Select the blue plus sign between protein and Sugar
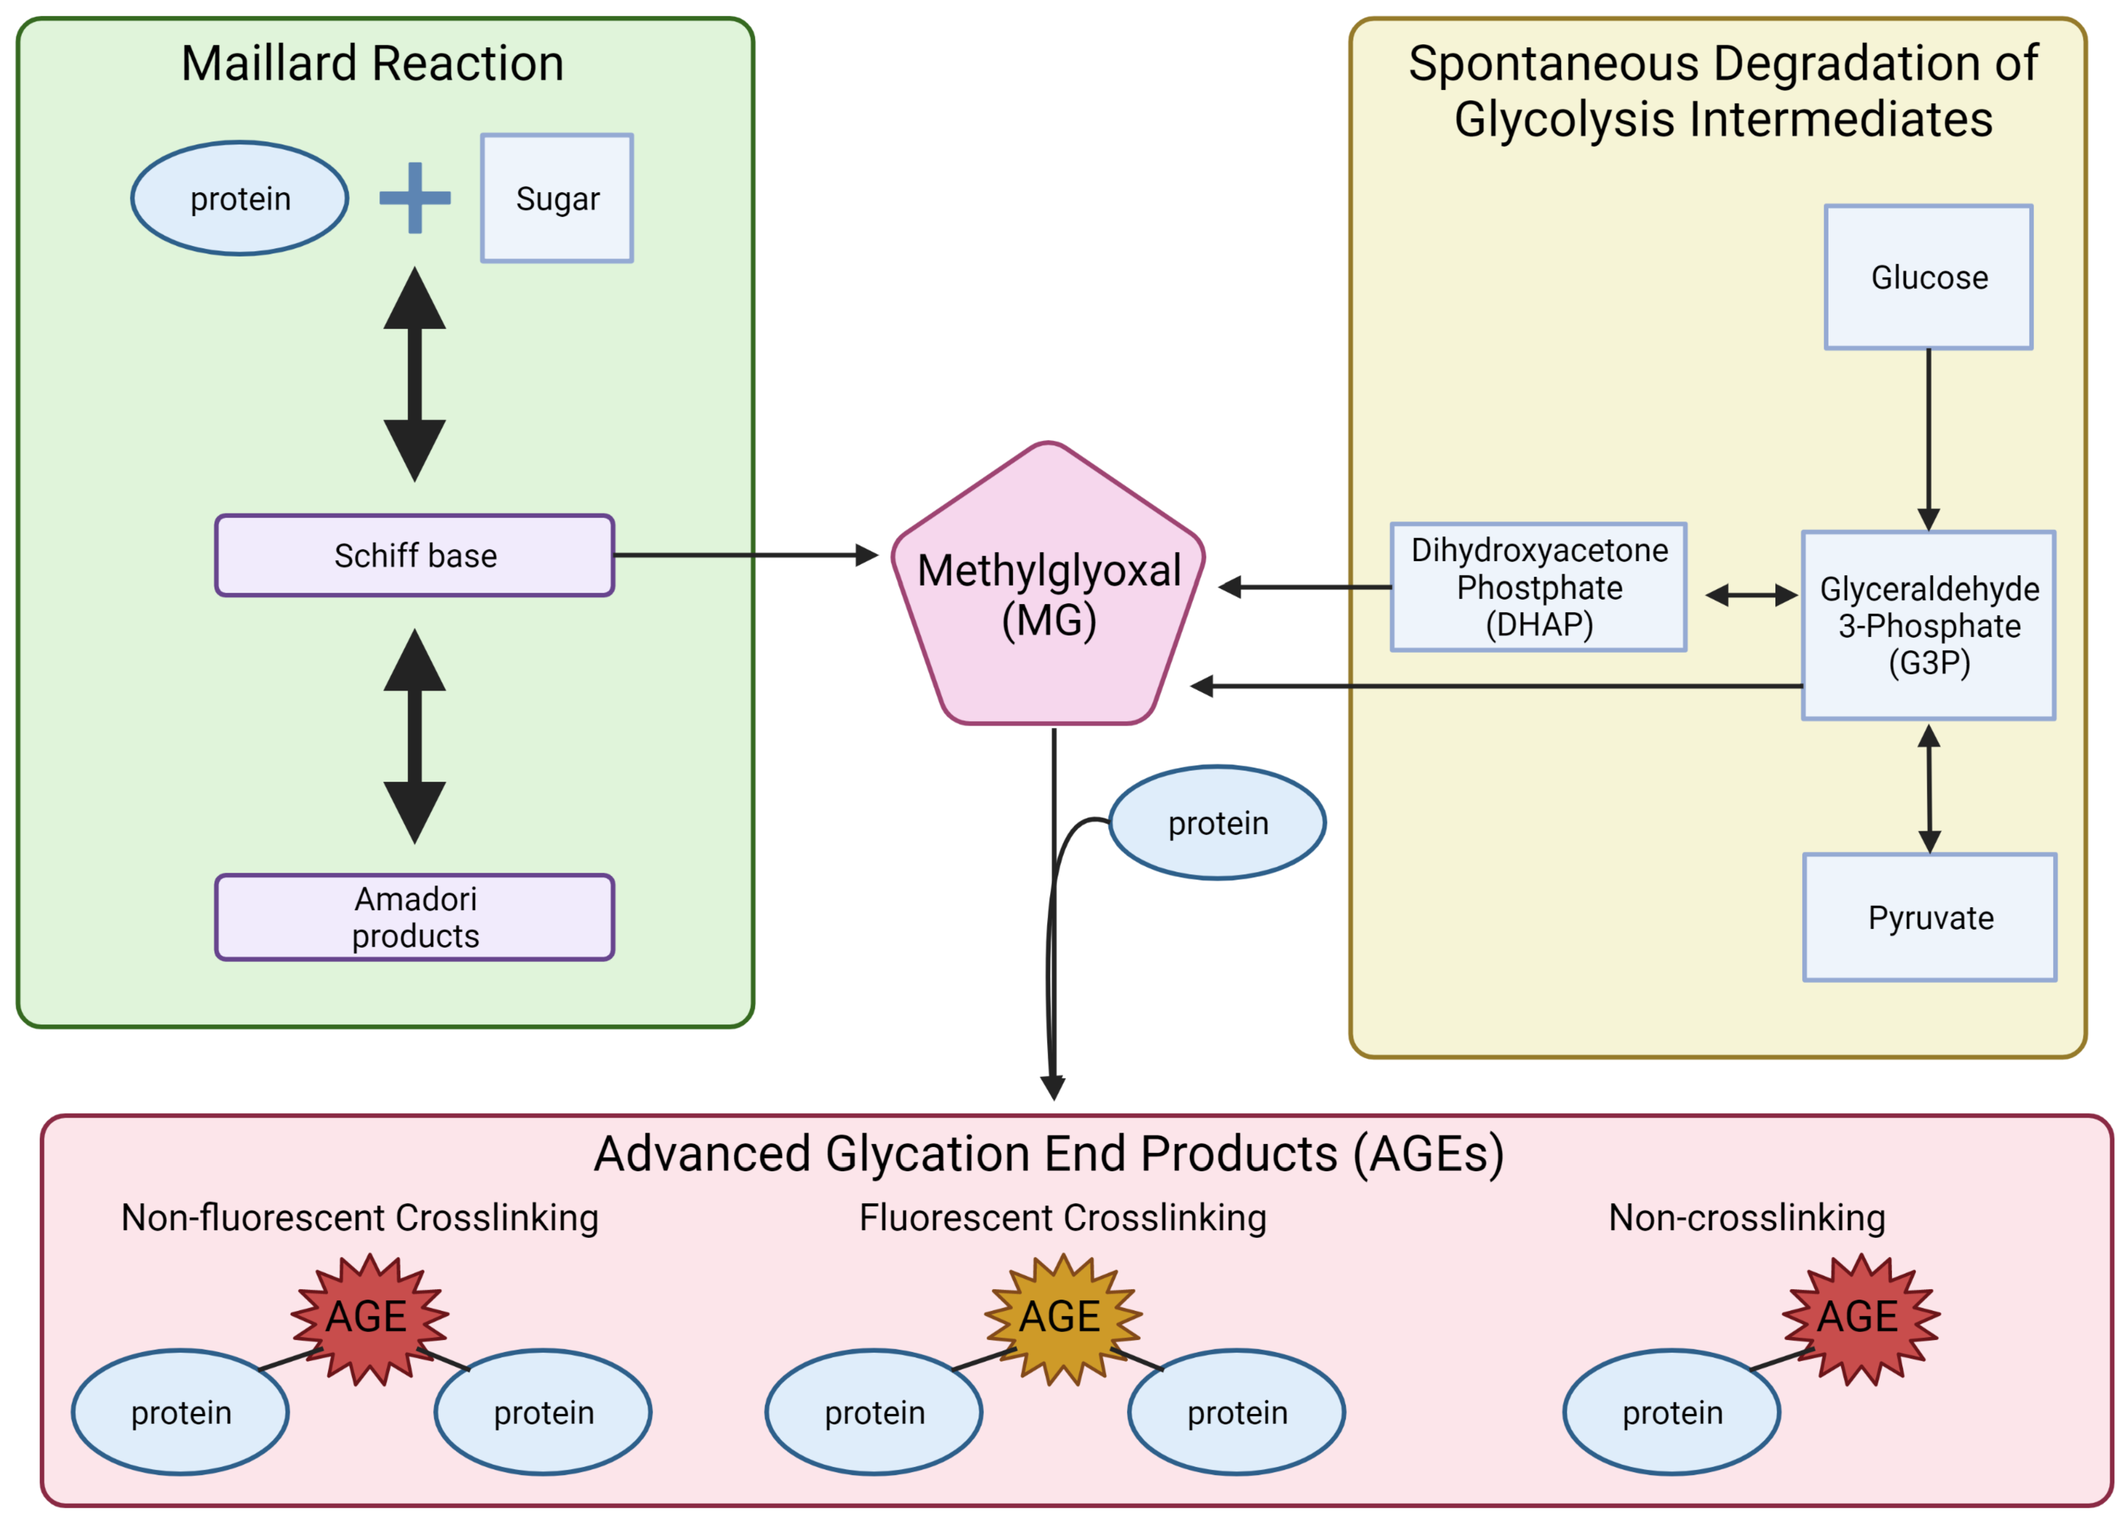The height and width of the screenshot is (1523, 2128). coord(414,198)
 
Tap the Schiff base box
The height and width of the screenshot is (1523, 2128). coord(414,555)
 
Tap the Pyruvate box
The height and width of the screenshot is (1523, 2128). coord(1929,917)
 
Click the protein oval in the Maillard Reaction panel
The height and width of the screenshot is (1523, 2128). coord(240,198)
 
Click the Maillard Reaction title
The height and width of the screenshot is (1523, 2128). coord(372,64)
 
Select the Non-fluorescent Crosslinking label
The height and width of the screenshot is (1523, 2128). coord(359,1217)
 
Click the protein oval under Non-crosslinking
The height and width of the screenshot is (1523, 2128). coord(1671,1411)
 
